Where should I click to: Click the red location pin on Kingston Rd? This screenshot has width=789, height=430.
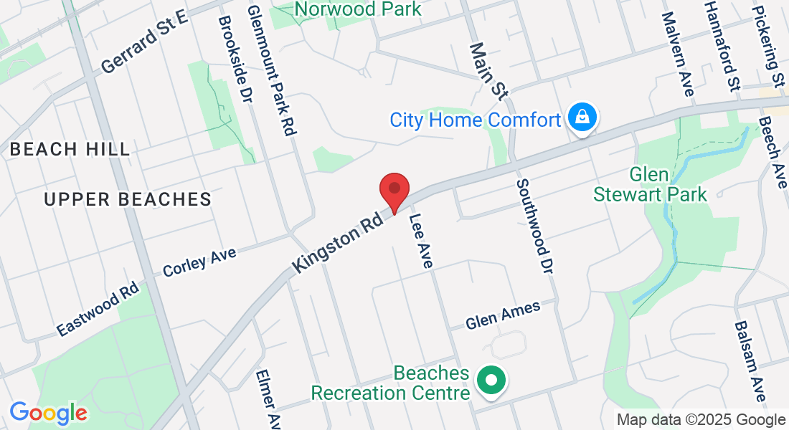click(394, 189)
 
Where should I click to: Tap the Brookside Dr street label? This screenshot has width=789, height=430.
click(235, 59)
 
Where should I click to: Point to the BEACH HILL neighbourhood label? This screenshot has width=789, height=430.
click(70, 150)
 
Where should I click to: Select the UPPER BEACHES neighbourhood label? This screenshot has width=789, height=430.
click(128, 199)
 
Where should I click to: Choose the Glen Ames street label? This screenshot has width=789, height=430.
click(503, 315)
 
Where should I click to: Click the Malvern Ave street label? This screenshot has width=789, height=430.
click(678, 54)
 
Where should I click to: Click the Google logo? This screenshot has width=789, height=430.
click(48, 412)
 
